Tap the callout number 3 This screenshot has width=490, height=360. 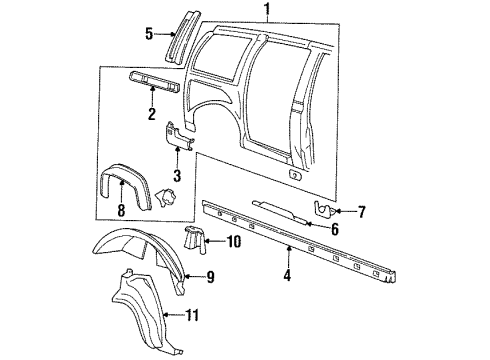[x=178, y=175]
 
